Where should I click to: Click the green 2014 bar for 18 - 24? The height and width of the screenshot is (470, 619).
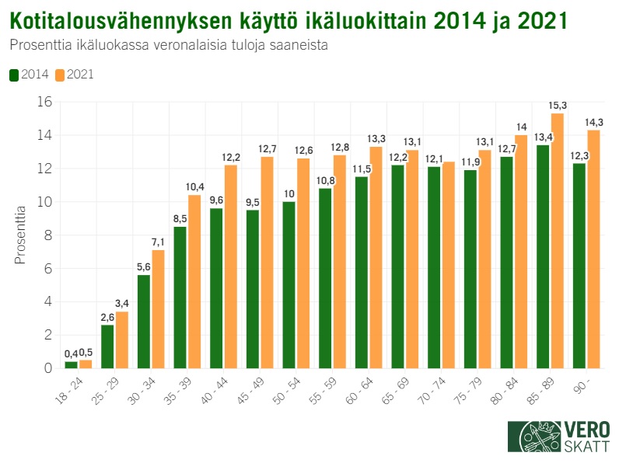coord(71,364)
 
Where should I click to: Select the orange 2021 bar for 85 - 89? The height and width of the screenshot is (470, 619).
coord(557,241)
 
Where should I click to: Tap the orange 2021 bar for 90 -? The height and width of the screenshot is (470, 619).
coord(593,249)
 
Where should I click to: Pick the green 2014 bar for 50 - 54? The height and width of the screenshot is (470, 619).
coord(289,284)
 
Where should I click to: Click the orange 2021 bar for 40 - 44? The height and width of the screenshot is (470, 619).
coord(231,266)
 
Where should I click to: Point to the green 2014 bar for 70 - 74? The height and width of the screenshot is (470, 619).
coord(433,267)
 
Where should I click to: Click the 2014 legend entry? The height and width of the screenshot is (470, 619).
coord(30,75)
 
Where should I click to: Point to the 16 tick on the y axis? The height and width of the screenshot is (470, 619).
coord(44,102)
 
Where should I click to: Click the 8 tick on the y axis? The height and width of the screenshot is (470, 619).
coord(47,235)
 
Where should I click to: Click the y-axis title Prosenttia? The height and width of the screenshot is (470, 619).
coord(21,234)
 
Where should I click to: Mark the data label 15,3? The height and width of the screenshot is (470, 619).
coord(558,106)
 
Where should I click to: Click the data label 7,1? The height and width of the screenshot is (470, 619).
coord(159,242)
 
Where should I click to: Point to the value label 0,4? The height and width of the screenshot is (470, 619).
coord(70,354)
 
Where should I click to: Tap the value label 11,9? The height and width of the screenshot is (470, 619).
coord(469,162)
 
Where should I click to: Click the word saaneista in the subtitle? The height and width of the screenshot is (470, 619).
coord(299,45)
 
